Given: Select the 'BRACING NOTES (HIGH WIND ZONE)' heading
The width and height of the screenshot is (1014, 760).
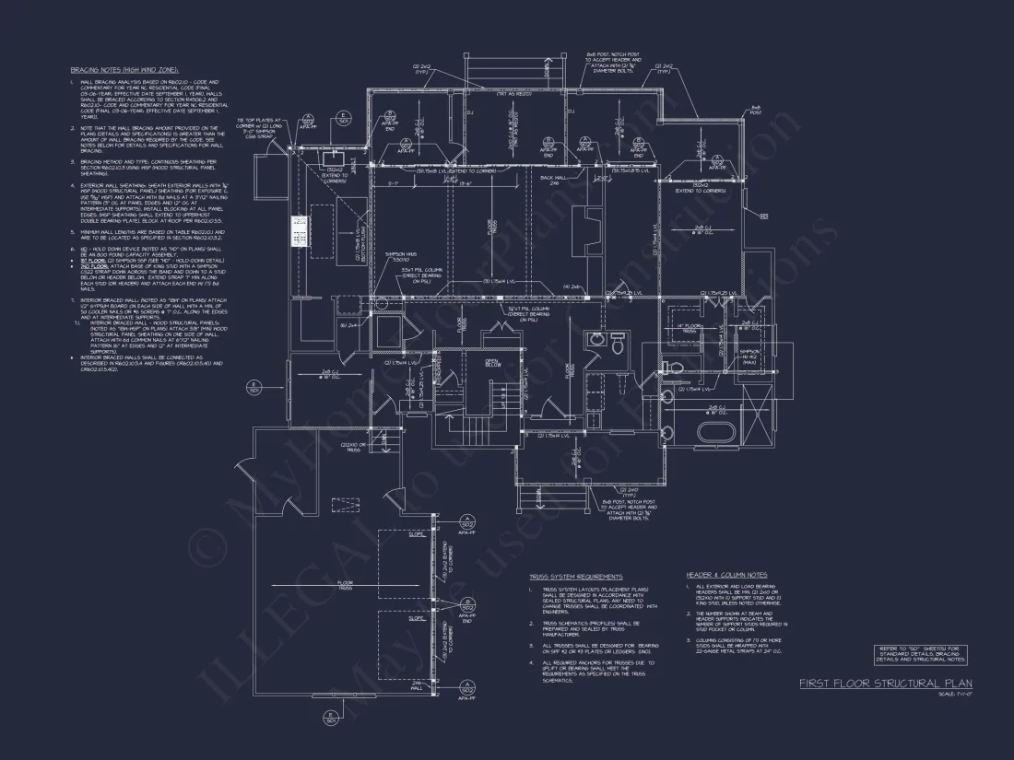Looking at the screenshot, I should (x=124, y=70).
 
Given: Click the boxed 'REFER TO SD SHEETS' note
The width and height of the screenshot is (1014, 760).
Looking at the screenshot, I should (x=920, y=655).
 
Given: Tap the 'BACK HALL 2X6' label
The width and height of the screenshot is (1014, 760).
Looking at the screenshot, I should (x=553, y=179).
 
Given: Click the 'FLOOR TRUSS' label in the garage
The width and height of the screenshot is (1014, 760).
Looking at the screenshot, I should (x=345, y=584).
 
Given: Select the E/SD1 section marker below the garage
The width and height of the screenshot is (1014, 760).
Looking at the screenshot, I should (x=331, y=719).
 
